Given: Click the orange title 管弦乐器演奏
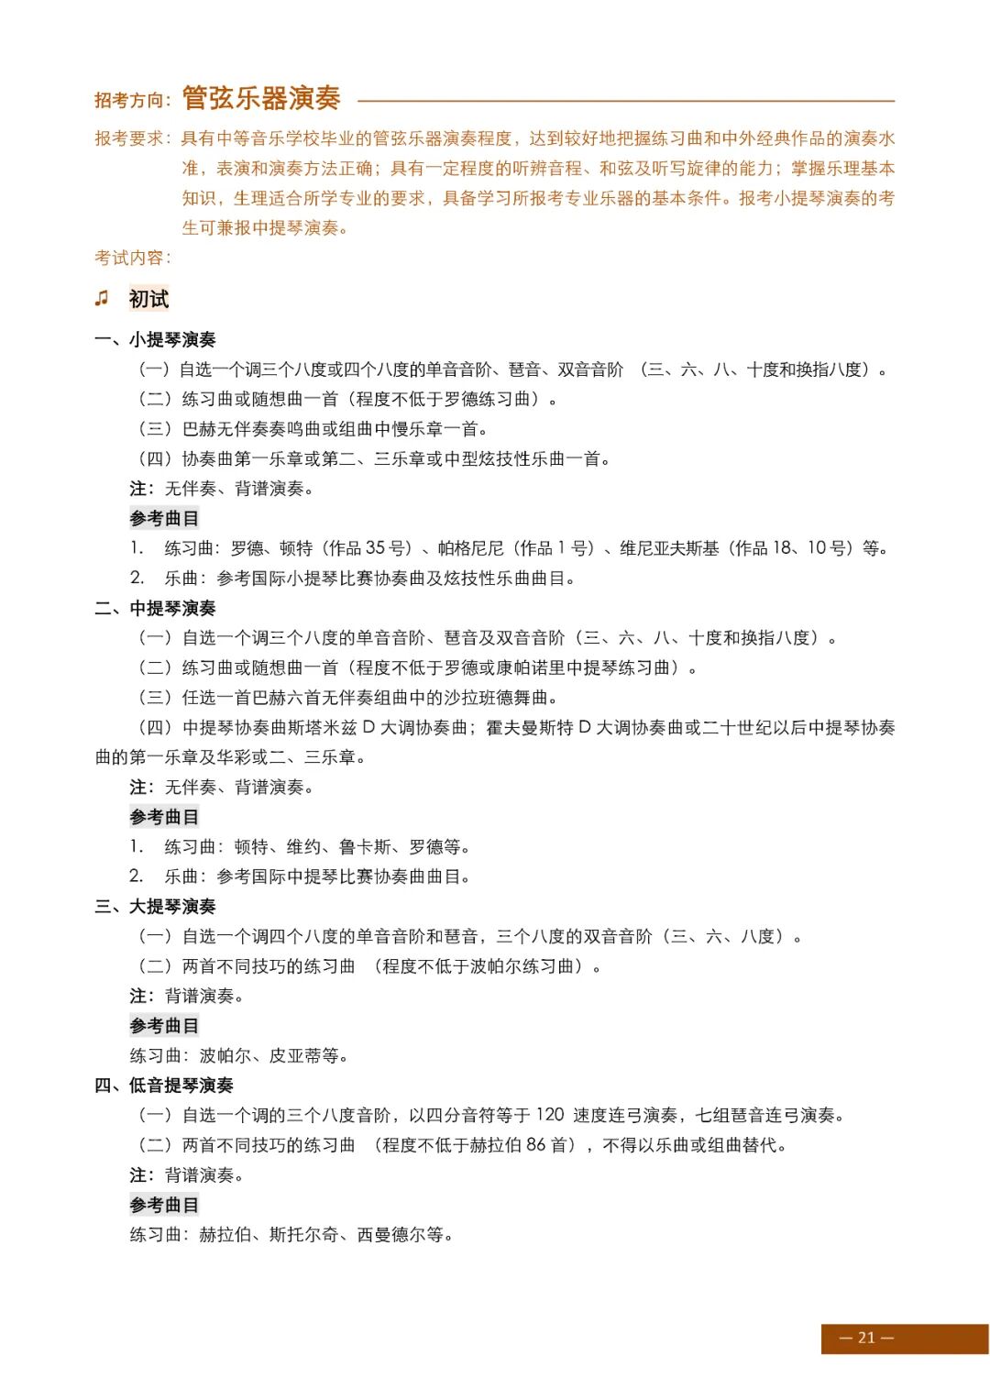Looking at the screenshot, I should point(261,98).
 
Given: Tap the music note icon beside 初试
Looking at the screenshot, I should point(102,298).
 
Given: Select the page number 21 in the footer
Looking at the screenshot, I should point(866,1338).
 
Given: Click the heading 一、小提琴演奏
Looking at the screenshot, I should point(155,339).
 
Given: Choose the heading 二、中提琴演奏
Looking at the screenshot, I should point(155,608).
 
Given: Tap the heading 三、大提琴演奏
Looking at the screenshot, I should point(155,906).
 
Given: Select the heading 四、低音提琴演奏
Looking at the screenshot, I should point(164,1085).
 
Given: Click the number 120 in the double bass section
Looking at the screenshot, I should point(550,1115).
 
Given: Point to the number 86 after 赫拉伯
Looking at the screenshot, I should point(536,1145).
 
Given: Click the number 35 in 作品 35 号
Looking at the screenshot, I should point(376,548).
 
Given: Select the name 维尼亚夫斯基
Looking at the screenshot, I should point(670,548).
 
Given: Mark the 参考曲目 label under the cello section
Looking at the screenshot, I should point(164,1026).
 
